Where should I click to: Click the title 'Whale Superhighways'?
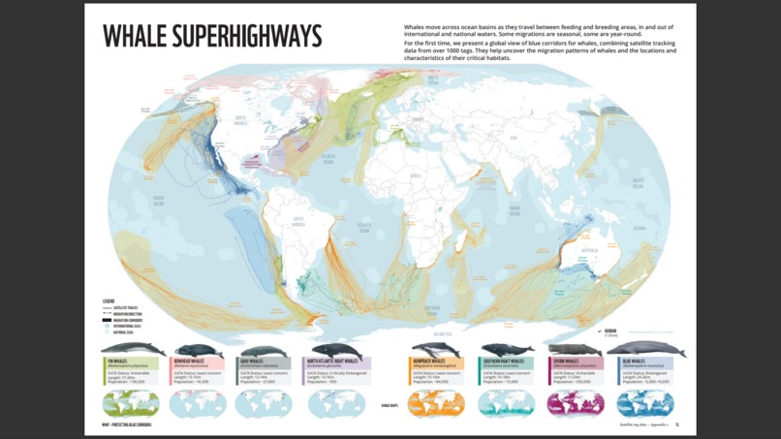(x=212, y=37)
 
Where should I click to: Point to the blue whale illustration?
(x=646, y=349)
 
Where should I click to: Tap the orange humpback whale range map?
(x=436, y=403)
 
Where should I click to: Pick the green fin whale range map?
(x=131, y=403)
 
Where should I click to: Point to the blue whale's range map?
(x=645, y=403)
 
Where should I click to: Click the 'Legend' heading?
(x=109, y=301)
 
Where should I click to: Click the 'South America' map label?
(x=300, y=220)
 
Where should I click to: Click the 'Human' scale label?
(x=609, y=331)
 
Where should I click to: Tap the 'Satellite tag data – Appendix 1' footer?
(x=643, y=424)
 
